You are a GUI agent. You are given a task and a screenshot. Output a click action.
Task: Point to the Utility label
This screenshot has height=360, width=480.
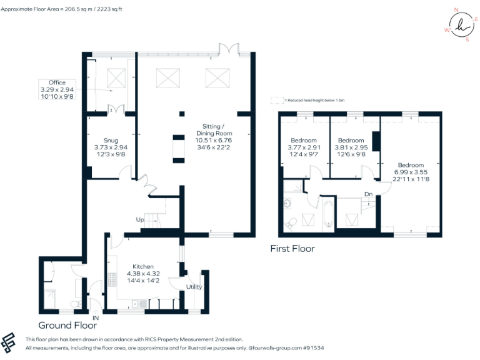click(x=194, y=287)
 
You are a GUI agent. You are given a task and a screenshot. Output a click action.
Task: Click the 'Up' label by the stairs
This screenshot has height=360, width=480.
click(x=140, y=220)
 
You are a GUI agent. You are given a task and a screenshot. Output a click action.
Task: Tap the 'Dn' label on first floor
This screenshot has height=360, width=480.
click(x=369, y=194)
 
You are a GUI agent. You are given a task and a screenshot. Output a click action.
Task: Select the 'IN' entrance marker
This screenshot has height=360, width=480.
click(x=96, y=318)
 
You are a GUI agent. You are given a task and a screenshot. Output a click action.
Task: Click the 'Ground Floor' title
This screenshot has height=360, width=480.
click(x=67, y=326)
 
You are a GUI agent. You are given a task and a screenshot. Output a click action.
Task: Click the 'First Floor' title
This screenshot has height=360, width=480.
click(x=292, y=249)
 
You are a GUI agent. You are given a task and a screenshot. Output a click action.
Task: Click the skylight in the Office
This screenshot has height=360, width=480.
click(x=116, y=77)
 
